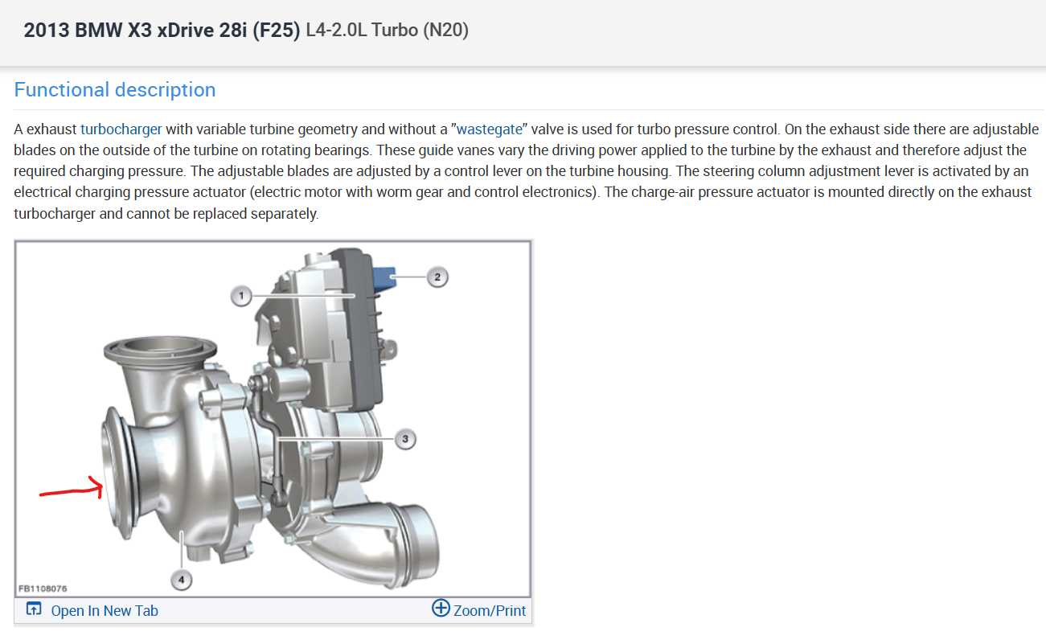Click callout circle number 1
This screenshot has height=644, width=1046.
click(x=241, y=296)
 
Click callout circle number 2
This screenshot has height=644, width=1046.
click(x=437, y=277)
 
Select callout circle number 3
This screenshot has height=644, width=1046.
click(x=405, y=439)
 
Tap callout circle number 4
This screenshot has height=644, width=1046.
click(x=181, y=580)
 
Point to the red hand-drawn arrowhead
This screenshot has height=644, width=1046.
click(x=96, y=487)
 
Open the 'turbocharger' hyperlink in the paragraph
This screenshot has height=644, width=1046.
click(x=121, y=129)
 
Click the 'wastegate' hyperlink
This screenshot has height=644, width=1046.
click(x=490, y=129)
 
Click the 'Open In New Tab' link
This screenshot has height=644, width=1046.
click(x=105, y=610)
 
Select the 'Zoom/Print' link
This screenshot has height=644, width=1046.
click(x=490, y=610)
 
